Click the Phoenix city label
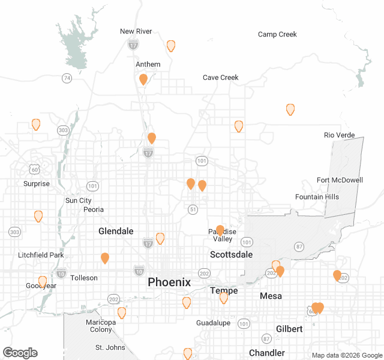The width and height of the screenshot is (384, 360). coord(169,282)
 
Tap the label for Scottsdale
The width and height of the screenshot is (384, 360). coord(231,255)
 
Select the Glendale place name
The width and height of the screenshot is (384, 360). coord(116,231)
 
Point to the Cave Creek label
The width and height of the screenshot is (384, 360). coord(220,77)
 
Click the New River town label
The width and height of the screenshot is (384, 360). coord(136,31)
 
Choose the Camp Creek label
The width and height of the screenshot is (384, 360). coord(277,34)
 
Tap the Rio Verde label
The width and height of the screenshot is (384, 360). coord(339,135)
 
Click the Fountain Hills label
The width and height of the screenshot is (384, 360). coord(317,197)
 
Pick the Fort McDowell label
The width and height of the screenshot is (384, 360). coord(340,180)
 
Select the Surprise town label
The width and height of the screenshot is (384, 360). coord(37,184)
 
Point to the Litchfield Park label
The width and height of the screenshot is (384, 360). coord(41,255)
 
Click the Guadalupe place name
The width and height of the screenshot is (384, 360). coord(213,323)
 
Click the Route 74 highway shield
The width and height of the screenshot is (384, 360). coord(67,78)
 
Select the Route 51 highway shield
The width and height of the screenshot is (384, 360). coord(193,209)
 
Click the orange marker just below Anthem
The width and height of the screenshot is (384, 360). coord(143,79)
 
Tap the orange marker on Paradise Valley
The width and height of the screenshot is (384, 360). coord(220,230)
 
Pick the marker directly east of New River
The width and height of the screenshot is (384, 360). coord(171,46)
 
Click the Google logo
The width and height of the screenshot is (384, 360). coord(20,353)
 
